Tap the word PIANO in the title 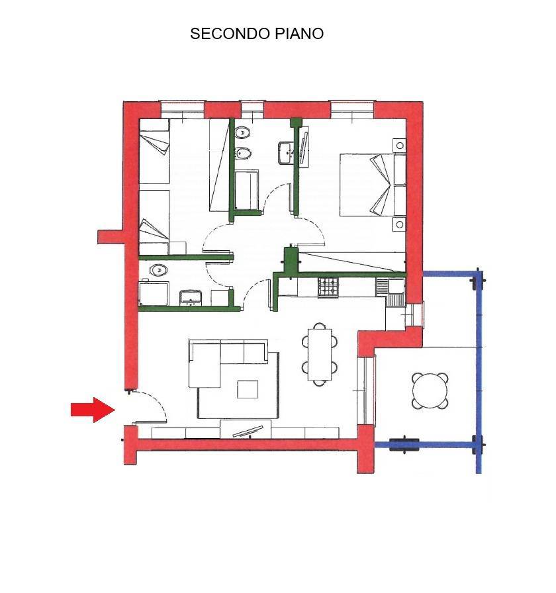[300, 34]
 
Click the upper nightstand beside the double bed [400, 145]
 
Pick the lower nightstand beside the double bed [399, 225]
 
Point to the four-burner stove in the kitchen [328, 287]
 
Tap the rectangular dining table [320, 353]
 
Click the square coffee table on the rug [248, 388]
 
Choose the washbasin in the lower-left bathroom [191, 296]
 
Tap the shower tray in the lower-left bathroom [154, 293]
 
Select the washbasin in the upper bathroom [287, 152]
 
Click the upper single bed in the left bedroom [155, 152]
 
